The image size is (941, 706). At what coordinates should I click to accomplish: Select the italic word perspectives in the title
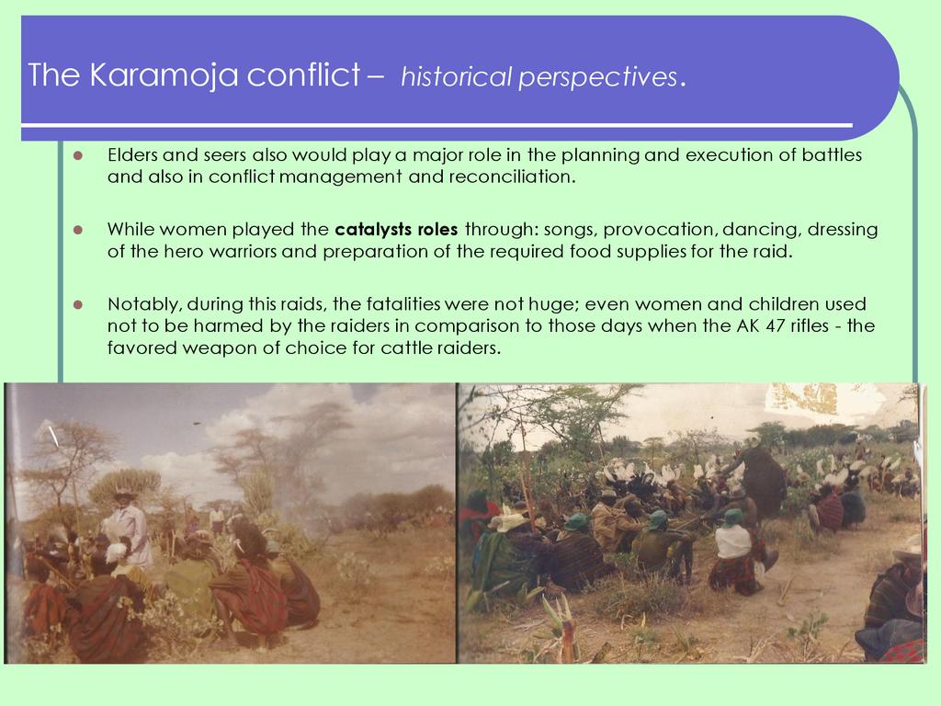click(x=598, y=78)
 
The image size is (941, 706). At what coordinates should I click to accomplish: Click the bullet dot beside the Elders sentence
click(x=77, y=155)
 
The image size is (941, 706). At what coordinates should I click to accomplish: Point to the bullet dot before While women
click(x=77, y=230)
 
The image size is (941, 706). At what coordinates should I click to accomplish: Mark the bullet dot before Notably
click(x=77, y=304)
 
